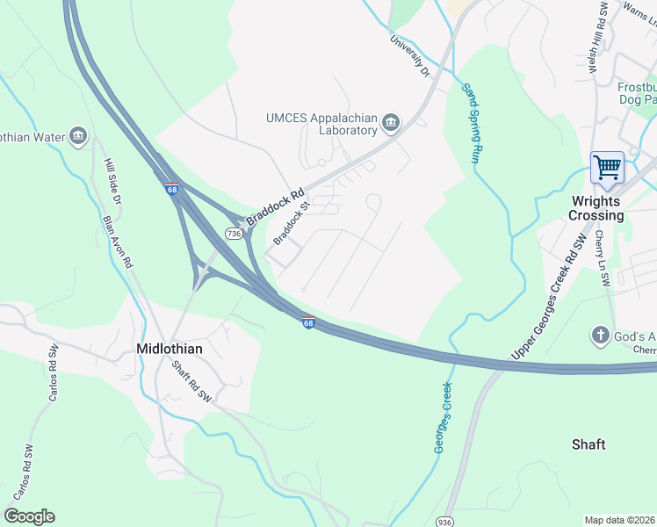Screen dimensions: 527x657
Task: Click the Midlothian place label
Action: tap(170, 349)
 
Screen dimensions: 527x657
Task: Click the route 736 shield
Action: tap(234, 233)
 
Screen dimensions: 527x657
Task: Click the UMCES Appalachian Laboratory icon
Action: tap(392, 121)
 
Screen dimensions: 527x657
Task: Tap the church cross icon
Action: tap(600, 336)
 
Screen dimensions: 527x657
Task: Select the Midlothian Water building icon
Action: tap(79, 135)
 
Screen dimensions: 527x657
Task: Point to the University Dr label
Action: tap(410, 55)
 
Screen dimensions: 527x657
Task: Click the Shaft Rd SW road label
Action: tap(191, 383)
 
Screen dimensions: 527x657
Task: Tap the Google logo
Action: tap(29, 516)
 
